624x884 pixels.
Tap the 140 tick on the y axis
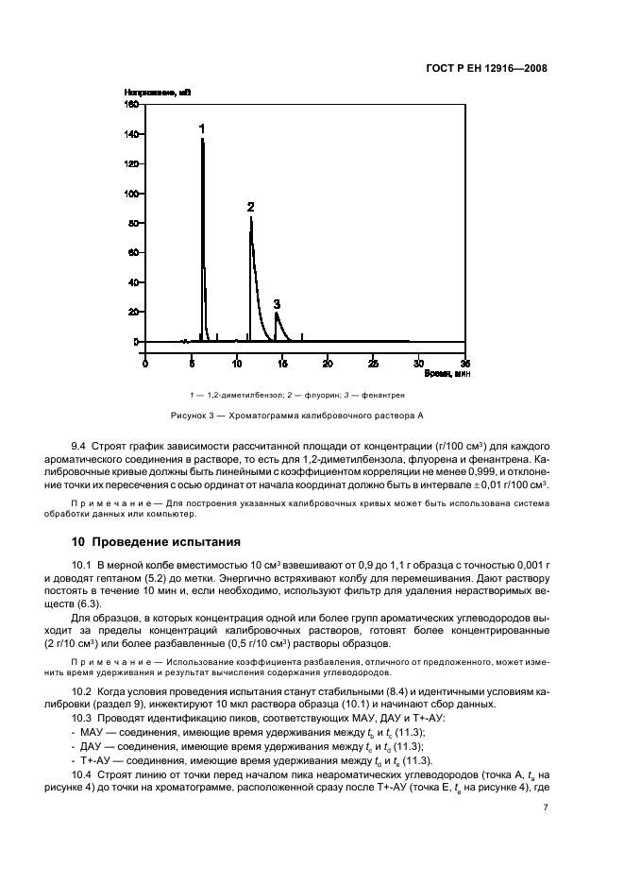[133, 134]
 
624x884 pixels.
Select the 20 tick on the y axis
[135, 312]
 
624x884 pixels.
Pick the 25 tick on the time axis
[373, 363]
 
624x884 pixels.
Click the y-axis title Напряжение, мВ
[158, 93]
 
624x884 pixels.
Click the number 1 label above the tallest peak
[201, 127]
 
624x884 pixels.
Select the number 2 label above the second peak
[250, 206]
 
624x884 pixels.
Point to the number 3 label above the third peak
[277, 304]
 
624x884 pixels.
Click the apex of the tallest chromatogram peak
[202, 139]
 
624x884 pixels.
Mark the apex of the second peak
[251, 217]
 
